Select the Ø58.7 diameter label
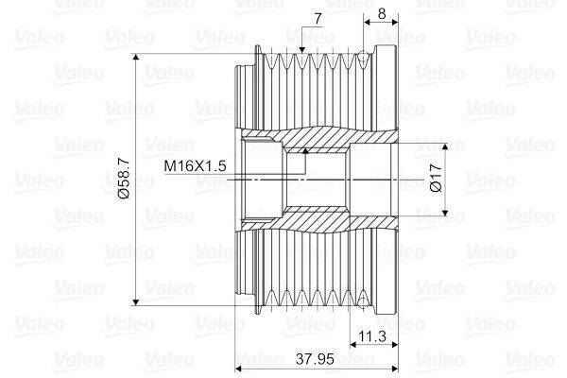[x=124, y=180]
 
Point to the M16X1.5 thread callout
[x=196, y=165]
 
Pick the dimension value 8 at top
[x=381, y=13]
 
